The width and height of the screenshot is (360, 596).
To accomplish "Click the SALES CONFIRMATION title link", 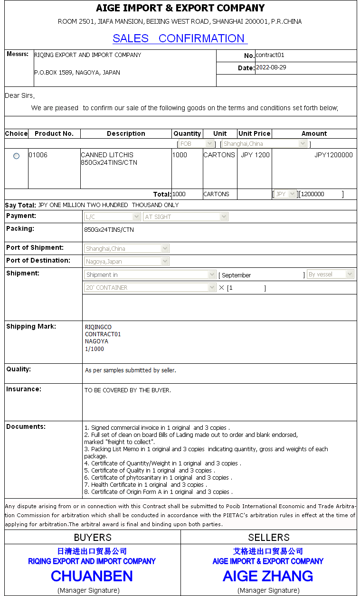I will click(x=180, y=38).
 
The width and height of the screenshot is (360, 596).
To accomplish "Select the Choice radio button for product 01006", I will click(x=17, y=156).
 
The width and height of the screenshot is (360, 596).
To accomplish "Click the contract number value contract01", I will click(x=270, y=55).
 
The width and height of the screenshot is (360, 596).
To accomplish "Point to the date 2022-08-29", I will click(x=271, y=67).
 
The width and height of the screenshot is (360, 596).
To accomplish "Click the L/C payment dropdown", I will click(x=112, y=217).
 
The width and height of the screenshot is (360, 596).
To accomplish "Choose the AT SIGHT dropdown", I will click(x=186, y=217).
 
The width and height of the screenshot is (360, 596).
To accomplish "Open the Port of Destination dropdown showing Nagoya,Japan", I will click(x=127, y=261).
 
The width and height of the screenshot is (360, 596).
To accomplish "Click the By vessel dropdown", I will click(x=330, y=274).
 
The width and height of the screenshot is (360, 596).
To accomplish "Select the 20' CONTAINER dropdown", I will click(x=150, y=287).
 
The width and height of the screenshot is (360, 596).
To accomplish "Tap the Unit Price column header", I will click(x=254, y=133).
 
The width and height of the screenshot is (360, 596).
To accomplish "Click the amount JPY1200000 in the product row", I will click(x=333, y=155).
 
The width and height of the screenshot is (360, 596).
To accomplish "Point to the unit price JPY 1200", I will click(x=255, y=155).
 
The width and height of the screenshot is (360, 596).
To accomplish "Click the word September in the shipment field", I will click(x=236, y=275).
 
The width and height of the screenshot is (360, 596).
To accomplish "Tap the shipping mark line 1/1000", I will click(x=94, y=349).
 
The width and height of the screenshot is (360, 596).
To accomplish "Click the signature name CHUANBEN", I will click(x=92, y=576).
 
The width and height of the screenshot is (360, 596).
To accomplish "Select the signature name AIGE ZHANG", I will click(x=268, y=576).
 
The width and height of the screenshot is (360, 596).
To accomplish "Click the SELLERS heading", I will click(x=269, y=537).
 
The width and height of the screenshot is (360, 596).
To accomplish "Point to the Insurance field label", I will click(x=24, y=389).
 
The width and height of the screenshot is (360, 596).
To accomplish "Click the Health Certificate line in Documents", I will click(x=145, y=485).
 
